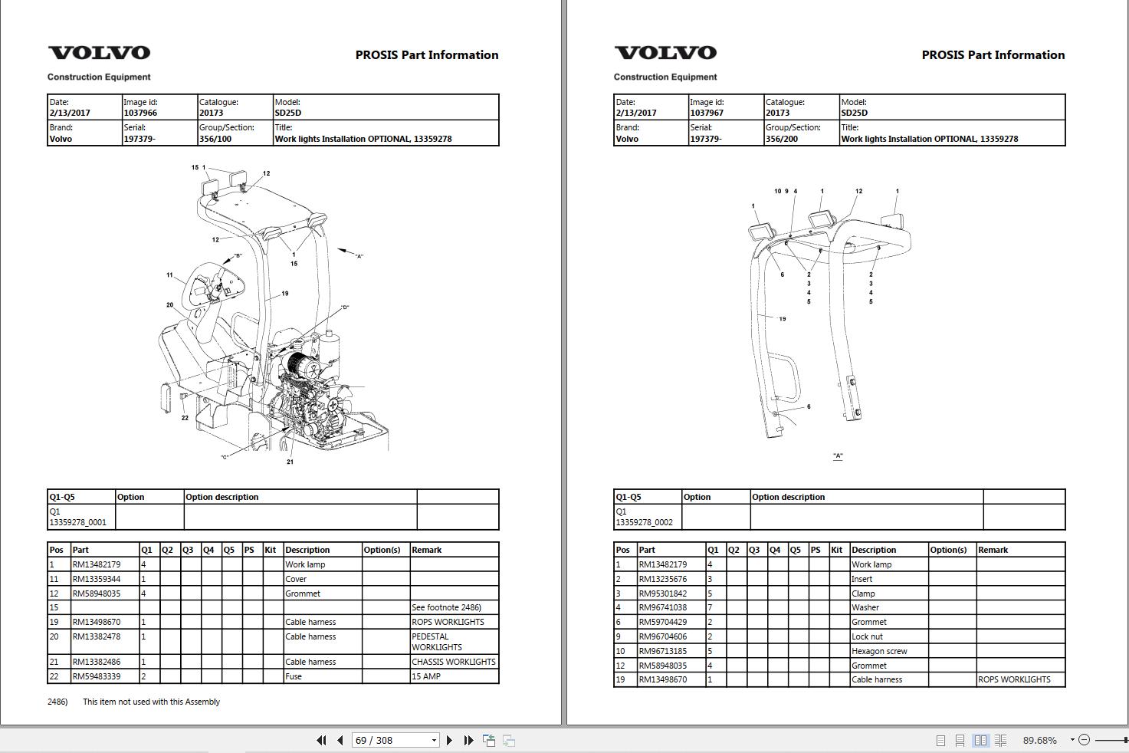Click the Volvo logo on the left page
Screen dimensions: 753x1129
pyautogui.click(x=99, y=53)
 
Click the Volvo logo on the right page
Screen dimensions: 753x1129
pyautogui.click(x=665, y=53)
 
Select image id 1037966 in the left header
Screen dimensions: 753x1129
pyautogui.click(x=140, y=113)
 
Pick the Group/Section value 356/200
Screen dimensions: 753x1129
pyautogui.click(x=780, y=139)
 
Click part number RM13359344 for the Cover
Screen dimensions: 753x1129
pyautogui.click(x=97, y=579)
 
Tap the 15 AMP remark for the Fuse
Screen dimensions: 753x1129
pyautogui.click(x=426, y=676)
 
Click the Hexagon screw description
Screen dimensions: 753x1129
pyautogui.click(x=879, y=651)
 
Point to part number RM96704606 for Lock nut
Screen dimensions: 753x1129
pyautogui.click(x=663, y=636)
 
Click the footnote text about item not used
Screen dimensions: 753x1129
pyautogui.click(x=151, y=702)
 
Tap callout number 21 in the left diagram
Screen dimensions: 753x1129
pyautogui.click(x=290, y=462)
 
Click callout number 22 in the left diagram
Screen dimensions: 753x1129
pyautogui.click(x=185, y=418)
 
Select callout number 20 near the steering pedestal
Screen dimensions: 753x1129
pyautogui.click(x=169, y=304)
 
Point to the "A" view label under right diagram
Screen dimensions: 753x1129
pyautogui.click(x=838, y=456)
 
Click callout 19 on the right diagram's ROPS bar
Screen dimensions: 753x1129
pyautogui.click(x=782, y=319)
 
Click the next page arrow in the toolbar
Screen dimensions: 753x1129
pyautogui.click(x=449, y=740)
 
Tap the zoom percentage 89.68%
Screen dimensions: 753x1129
pyautogui.click(x=1039, y=740)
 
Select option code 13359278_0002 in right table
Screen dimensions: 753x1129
pyautogui.click(x=644, y=522)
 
